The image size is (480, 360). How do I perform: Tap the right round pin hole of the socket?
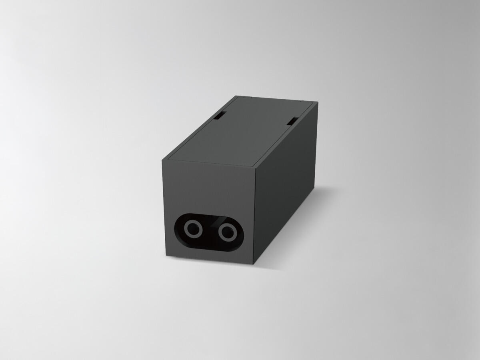(228, 232)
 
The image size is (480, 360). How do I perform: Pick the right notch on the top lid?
(292, 120)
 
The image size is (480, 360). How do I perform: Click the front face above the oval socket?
(208, 188)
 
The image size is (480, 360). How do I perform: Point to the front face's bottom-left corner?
(166, 256)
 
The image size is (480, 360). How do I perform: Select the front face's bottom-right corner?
(254, 264)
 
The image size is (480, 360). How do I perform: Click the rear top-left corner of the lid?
(236, 96)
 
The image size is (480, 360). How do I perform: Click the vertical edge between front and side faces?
(254, 216)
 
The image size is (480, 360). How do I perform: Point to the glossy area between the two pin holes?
(210, 231)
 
